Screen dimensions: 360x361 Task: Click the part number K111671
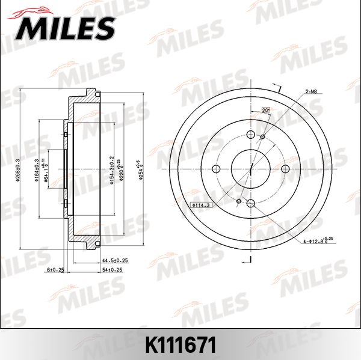(x=180, y=345)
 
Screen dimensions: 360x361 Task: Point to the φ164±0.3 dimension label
(x=37, y=169)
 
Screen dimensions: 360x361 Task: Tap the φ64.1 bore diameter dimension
(x=46, y=170)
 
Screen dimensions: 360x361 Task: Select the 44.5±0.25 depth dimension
(x=116, y=260)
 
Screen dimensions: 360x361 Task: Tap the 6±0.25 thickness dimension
(x=55, y=270)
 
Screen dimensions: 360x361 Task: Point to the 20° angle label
(x=265, y=110)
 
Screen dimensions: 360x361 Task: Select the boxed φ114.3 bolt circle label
(x=200, y=206)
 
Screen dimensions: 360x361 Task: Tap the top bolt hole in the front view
(x=251, y=135)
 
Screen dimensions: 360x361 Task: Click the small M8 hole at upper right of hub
(x=263, y=138)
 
